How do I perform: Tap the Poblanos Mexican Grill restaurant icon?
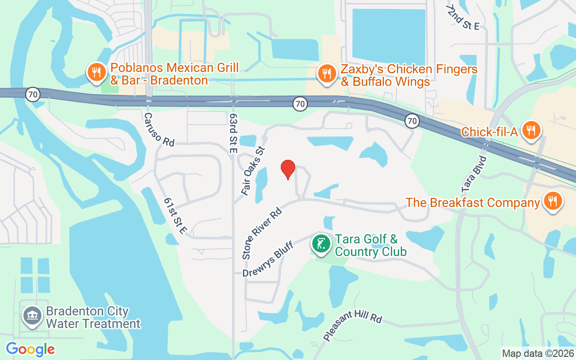pos(96,72)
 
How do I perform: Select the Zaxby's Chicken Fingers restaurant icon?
pos(327,73)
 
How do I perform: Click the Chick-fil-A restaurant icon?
pos(531,130)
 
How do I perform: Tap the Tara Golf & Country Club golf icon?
pos(321,244)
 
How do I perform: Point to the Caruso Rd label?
pos(159,129)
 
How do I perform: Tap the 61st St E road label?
pos(175,216)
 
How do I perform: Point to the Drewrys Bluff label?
pos(268,259)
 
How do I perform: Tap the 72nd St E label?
pos(464,18)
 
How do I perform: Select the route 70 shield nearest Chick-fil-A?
pos(412,121)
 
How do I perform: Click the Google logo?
pos(30,349)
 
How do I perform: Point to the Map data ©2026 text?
pos(537,354)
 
